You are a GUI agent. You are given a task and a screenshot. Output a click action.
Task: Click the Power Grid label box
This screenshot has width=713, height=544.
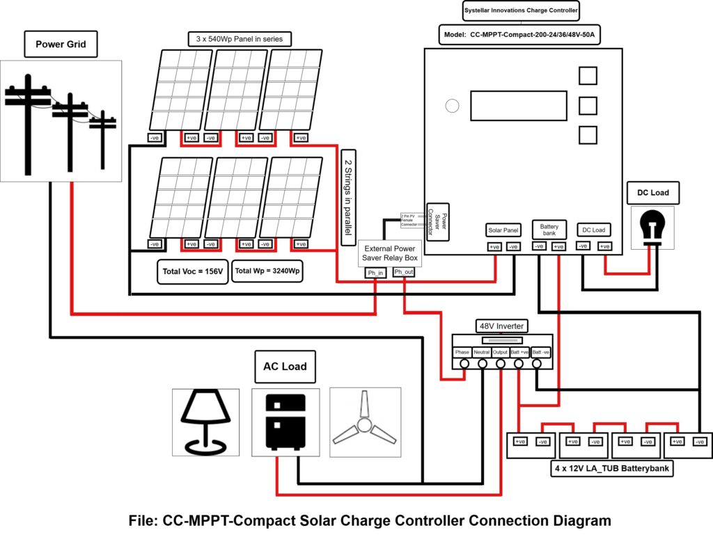(x=61, y=45)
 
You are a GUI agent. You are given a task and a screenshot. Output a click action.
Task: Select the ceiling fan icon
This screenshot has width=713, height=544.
(x=366, y=422)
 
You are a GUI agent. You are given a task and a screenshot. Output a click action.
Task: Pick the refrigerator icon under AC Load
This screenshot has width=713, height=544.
(x=285, y=422)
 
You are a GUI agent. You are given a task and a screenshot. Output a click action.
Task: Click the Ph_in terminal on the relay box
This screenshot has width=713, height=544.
(x=376, y=272)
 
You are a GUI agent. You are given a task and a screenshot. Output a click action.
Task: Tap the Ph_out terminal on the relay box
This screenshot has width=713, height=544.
(x=403, y=272)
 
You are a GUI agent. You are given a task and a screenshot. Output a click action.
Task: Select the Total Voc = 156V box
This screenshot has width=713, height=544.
(x=191, y=271)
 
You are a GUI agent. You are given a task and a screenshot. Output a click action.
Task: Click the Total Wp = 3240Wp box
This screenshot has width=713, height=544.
(x=267, y=271)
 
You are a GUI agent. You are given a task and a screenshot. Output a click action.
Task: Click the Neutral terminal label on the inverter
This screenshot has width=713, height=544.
(x=482, y=352)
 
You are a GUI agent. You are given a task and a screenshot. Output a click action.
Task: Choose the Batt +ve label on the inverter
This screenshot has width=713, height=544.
(x=519, y=352)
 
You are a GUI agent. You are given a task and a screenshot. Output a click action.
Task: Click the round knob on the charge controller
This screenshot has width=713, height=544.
(x=453, y=106)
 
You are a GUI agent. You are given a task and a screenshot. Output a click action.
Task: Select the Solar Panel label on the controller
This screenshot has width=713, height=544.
(x=503, y=230)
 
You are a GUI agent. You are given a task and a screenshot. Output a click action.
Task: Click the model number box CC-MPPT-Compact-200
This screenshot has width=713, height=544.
(x=519, y=34)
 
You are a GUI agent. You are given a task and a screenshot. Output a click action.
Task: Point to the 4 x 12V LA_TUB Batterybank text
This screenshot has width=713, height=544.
(x=611, y=470)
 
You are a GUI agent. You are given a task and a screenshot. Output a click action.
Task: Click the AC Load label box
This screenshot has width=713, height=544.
(x=284, y=367)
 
